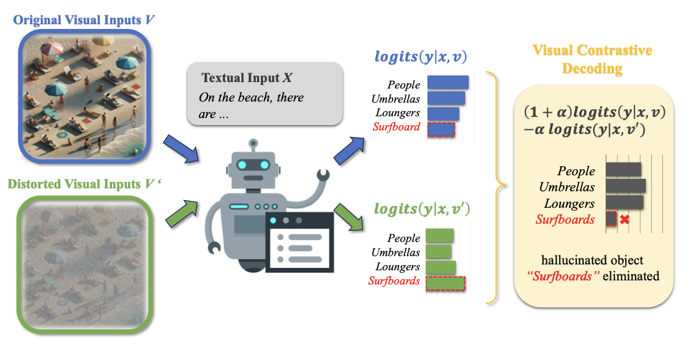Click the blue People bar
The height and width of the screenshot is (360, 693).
(447, 83)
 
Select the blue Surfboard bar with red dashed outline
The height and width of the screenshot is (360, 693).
(440, 128)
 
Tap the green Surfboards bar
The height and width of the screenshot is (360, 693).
(445, 283)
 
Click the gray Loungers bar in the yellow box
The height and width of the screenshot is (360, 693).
(624, 202)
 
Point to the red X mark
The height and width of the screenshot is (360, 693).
(625, 220)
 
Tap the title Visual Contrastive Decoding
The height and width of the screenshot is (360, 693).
(592, 59)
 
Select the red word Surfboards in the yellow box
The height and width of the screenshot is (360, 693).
(565, 220)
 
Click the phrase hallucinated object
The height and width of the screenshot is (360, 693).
(592, 260)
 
